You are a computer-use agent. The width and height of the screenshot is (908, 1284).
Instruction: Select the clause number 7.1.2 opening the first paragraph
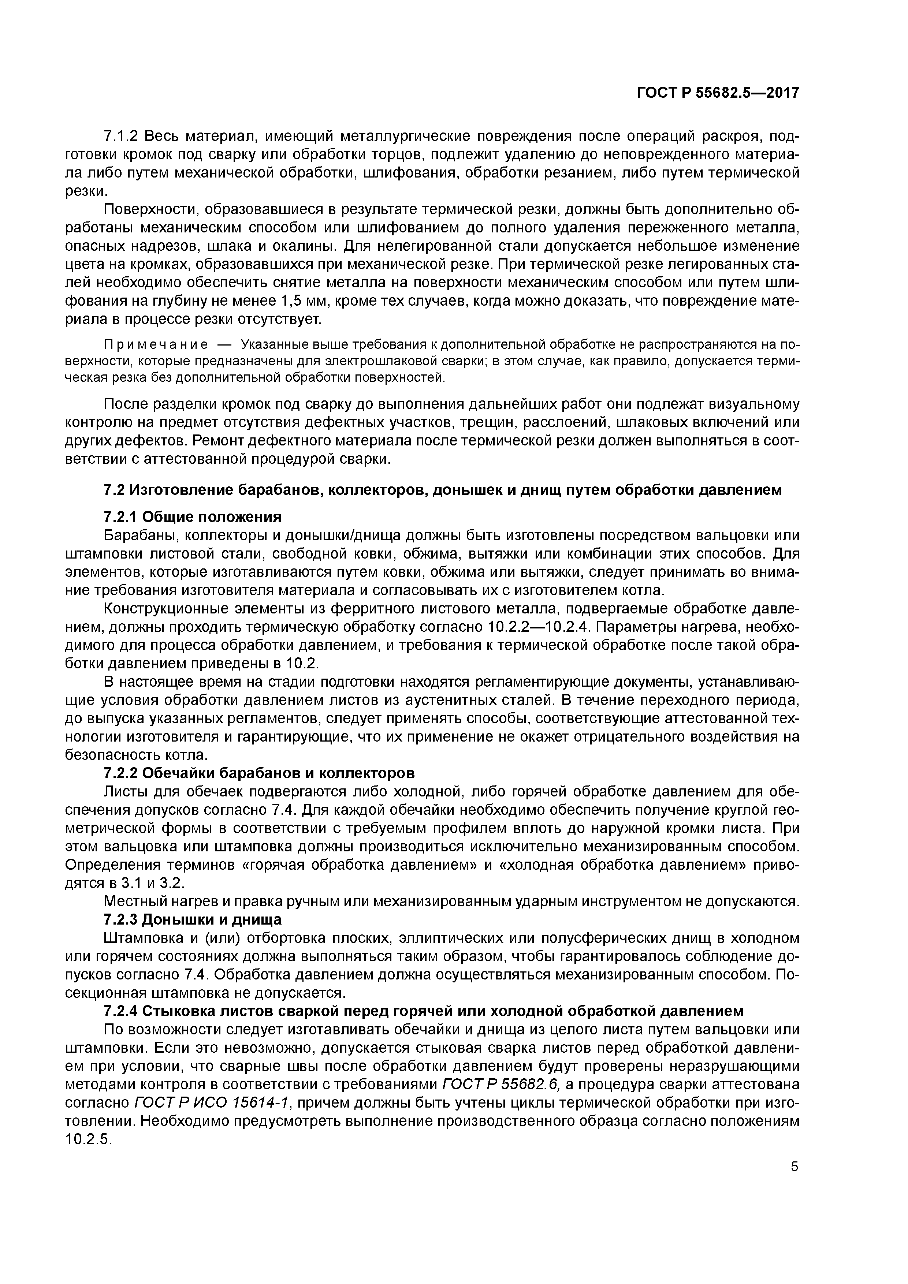coord(122,136)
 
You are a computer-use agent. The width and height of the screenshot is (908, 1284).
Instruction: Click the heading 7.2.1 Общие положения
coord(193,516)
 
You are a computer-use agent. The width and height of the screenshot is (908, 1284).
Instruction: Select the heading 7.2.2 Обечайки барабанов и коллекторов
coord(260,773)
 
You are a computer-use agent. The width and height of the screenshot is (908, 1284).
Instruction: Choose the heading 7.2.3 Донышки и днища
coord(193,919)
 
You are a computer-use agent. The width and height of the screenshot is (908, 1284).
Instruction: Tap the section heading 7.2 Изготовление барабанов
coord(442,490)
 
